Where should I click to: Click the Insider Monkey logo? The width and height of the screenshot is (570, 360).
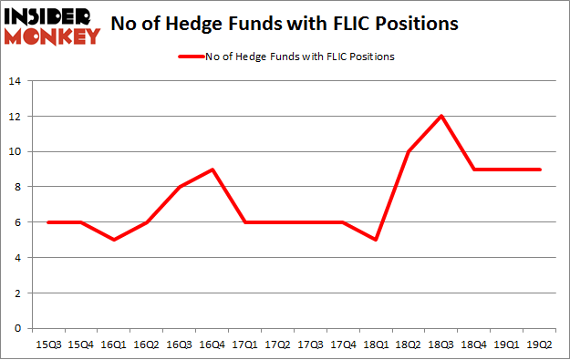[51, 26]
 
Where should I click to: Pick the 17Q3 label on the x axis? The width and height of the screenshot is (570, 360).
[310, 345]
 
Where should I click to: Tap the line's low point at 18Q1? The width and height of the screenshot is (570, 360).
[375, 240]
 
